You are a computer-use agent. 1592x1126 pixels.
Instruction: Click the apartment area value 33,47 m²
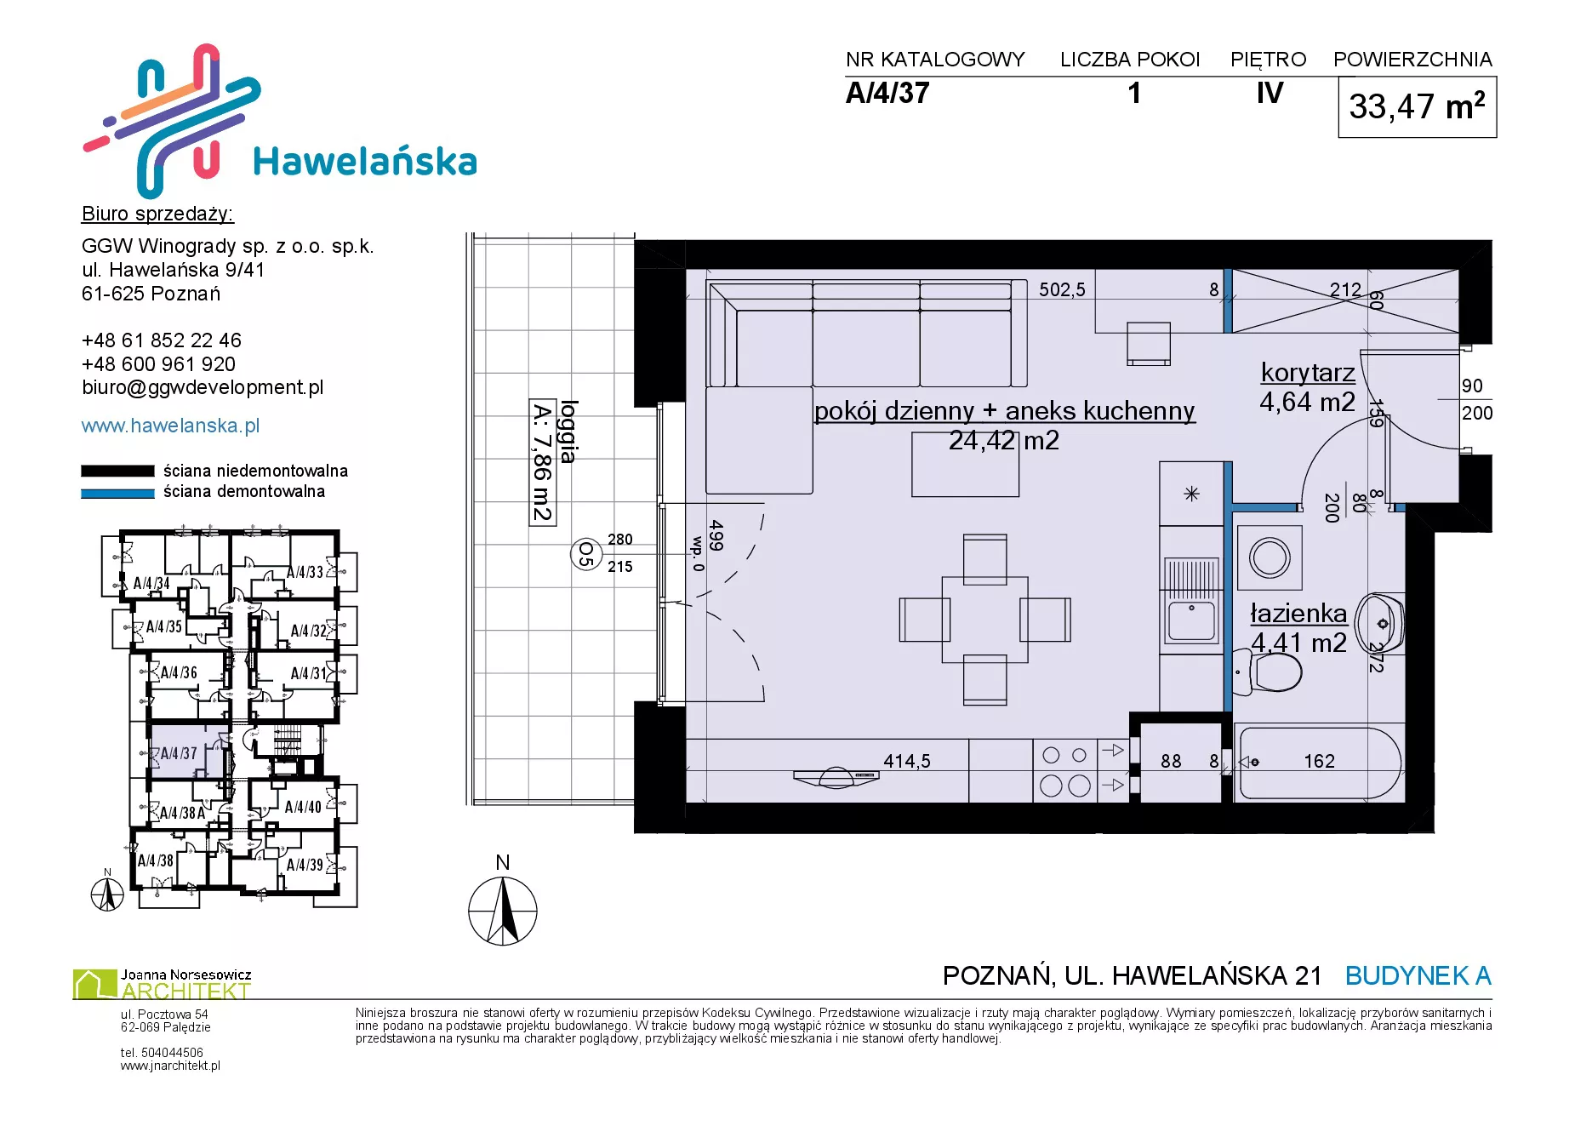[1417, 107]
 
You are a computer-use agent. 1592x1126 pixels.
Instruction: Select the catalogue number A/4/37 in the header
[887, 93]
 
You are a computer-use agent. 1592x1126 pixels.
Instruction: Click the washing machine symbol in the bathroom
[1270, 558]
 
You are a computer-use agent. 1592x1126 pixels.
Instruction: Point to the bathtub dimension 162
[1319, 761]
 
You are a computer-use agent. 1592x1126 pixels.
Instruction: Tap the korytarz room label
[1308, 373]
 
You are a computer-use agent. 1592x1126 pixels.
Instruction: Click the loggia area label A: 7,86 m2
[542, 462]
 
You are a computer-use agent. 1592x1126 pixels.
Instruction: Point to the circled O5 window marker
[585, 554]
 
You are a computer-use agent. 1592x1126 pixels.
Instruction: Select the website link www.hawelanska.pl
[170, 426]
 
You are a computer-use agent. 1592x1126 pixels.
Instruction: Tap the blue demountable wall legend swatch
[117, 493]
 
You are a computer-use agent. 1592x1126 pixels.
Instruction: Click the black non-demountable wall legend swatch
[117, 471]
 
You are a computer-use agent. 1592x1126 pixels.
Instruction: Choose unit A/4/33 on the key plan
[305, 572]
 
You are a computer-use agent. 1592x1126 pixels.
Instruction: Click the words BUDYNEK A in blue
[1418, 975]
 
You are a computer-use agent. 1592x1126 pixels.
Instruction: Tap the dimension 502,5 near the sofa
[1062, 290]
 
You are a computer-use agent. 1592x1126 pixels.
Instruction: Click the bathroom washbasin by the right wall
[1379, 624]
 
